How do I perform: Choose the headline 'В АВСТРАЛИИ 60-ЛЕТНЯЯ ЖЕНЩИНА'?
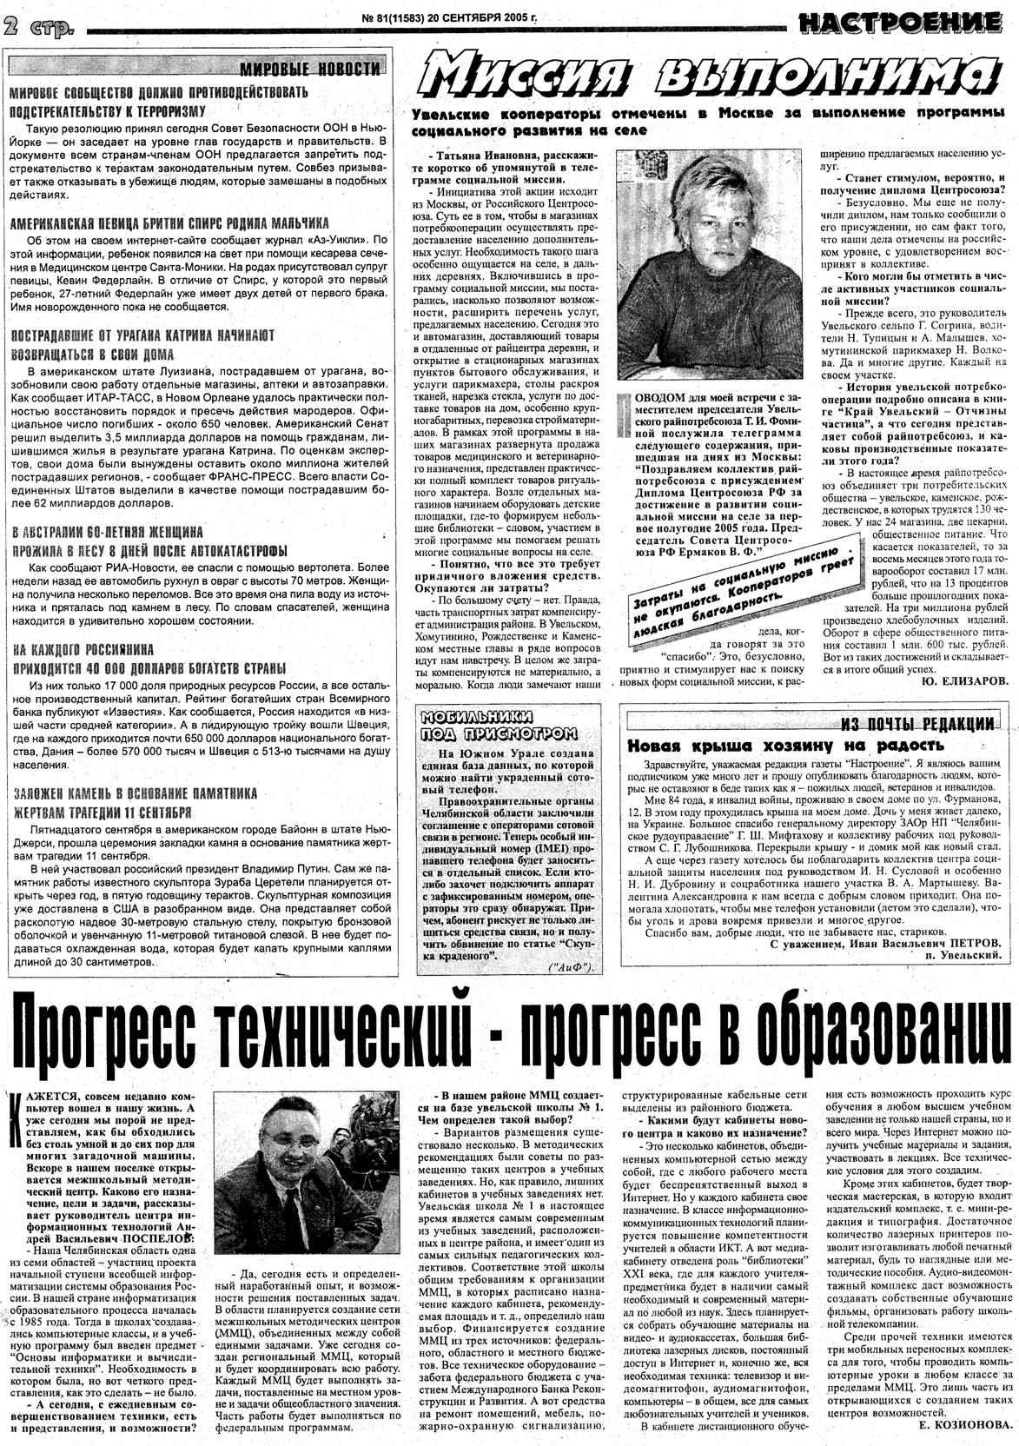coord(107,531)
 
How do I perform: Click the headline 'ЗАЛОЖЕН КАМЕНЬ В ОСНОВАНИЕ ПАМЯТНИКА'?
coord(134,793)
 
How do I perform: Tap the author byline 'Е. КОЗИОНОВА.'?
coord(964,1425)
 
